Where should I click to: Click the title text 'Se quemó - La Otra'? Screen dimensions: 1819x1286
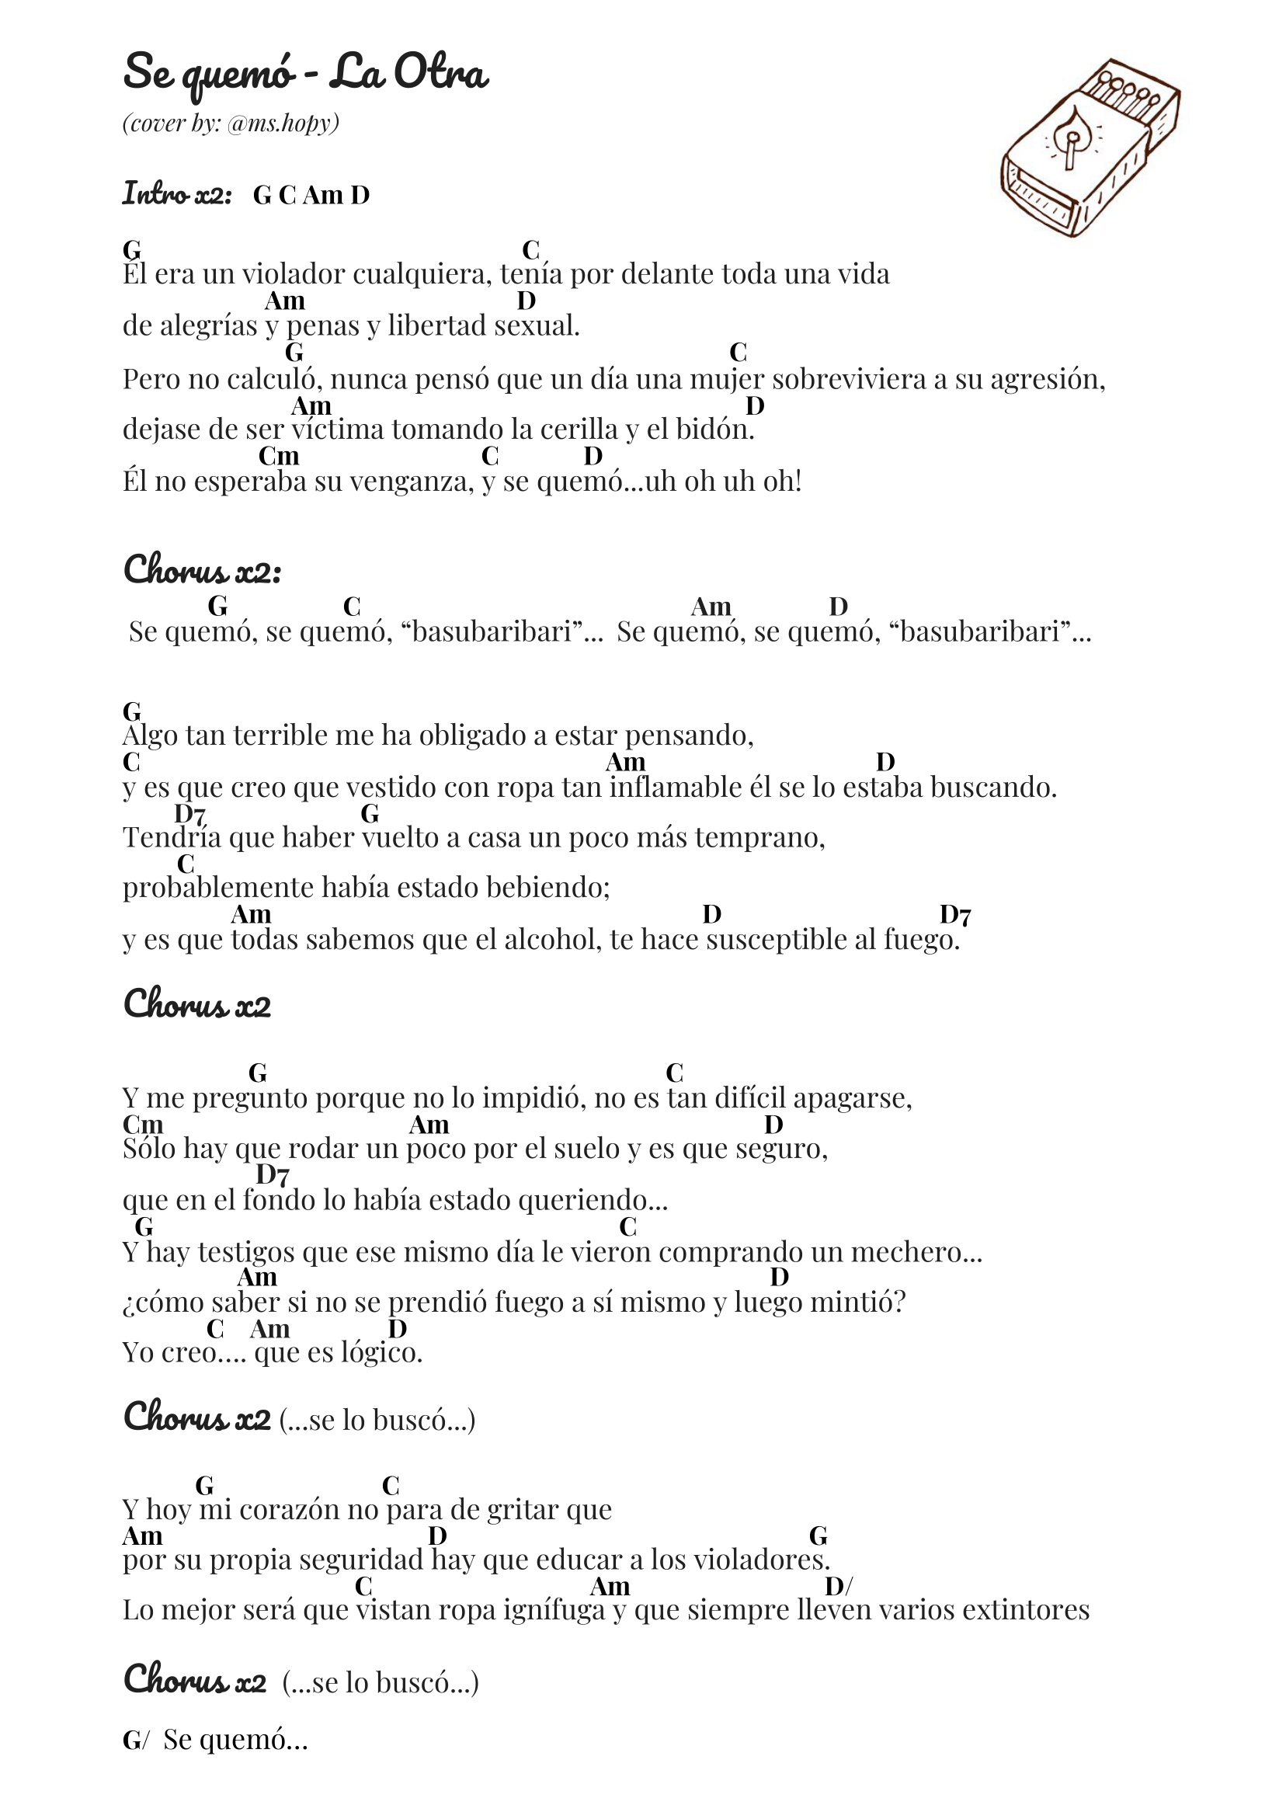(305, 73)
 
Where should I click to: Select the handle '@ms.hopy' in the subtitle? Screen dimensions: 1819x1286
(283, 123)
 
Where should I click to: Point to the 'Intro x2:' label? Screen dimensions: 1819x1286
(177, 193)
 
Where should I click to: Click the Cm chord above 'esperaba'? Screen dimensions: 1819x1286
(279, 457)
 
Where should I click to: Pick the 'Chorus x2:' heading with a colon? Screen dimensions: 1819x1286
(202, 570)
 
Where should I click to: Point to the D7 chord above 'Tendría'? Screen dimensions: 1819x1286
(190, 814)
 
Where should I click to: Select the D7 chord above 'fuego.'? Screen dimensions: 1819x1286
(955, 915)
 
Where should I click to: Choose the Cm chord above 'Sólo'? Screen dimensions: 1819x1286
(143, 1125)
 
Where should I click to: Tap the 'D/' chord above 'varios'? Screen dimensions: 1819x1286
(839, 1586)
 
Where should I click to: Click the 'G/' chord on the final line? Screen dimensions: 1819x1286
(134, 1740)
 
